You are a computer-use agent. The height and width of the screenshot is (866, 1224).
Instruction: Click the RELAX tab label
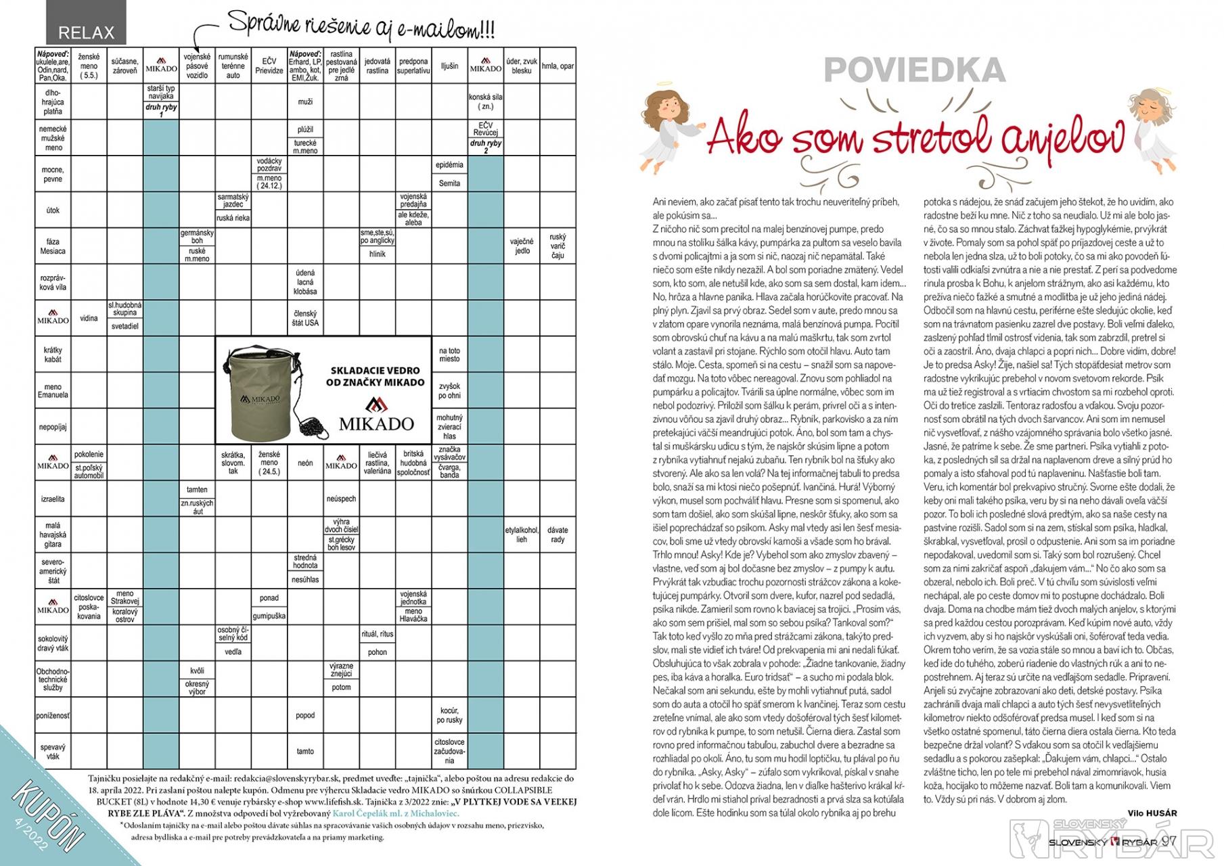86,32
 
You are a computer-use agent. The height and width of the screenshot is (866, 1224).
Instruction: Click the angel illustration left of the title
663,127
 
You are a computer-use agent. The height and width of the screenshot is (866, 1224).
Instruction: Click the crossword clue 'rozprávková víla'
52,282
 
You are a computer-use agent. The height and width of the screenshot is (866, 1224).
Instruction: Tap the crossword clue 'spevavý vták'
52,752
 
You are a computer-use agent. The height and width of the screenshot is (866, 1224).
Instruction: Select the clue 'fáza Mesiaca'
52,246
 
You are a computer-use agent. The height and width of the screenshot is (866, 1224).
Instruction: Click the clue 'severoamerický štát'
52,571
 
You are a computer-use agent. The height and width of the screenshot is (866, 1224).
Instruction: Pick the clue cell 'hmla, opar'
558,66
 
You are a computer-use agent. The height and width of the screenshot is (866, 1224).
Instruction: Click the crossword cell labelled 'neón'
305,463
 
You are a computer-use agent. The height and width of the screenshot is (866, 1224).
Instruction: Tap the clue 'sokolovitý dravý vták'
52,643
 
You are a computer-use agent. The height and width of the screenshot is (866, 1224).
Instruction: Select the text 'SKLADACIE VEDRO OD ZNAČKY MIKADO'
375,376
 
